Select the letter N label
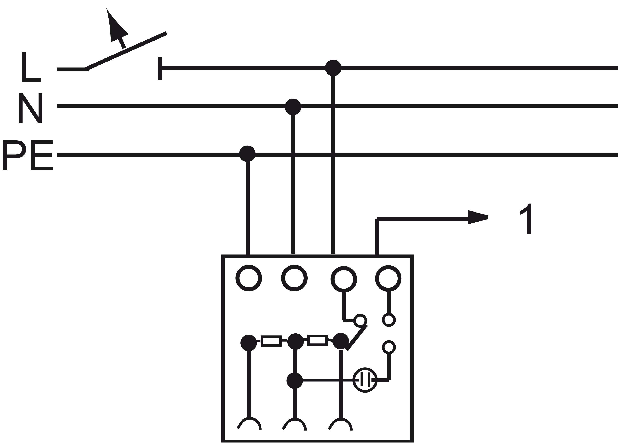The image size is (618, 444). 30,108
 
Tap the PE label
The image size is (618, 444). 28,155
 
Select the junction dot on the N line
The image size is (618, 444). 293,106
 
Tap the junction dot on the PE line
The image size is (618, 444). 247,154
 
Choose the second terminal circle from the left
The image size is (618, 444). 294,278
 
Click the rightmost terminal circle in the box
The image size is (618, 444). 388,278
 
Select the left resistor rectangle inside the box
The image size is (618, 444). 271,341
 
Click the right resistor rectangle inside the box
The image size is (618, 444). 317,340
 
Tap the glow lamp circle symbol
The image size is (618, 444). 365,380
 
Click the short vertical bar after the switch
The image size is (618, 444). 160,68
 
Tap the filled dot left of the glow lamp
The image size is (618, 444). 295,381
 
